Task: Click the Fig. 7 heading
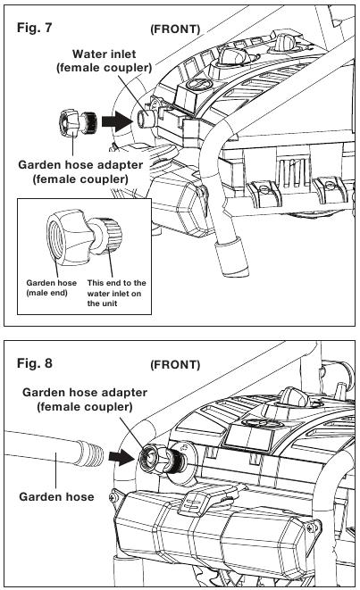coord(34,28)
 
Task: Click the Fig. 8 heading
coord(34,363)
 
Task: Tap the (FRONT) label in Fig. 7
coord(175,29)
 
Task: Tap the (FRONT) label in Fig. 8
coord(175,364)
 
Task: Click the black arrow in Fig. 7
coord(116,120)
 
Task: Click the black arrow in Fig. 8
coord(121,456)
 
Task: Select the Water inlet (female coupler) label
coord(105,61)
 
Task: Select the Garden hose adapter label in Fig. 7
coord(80,171)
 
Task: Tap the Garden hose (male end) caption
coord(51,287)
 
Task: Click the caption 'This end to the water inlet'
coord(116,293)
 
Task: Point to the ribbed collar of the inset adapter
coord(113,234)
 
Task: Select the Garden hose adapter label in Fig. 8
coord(85,399)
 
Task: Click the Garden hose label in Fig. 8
coord(56,496)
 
